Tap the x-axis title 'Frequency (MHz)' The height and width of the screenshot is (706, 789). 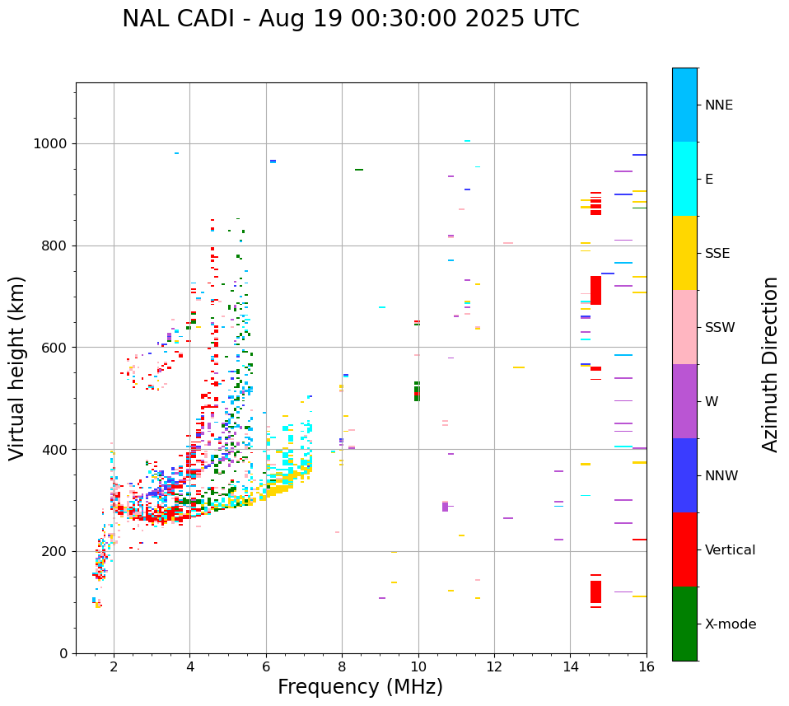click(x=360, y=687)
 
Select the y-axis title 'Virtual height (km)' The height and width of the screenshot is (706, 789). click(x=17, y=367)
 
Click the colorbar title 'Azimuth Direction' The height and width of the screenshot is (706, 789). click(x=770, y=363)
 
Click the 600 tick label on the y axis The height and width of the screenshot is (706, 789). click(x=55, y=348)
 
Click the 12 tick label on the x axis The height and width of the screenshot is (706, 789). click(x=494, y=666)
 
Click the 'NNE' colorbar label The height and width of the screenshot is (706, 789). click(x=718, y=105)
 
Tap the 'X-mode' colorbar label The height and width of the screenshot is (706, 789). click(x=730, y=624)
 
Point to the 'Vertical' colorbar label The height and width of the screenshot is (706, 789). click(x=731, y=550)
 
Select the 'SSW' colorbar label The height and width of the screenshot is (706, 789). click(x=719, y=328)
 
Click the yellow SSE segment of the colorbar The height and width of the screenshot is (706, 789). click(x=684, y=253)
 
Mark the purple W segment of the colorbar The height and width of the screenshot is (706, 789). click(x=684, y=401)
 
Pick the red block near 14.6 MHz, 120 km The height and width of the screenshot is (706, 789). click(x=595, y=591)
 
